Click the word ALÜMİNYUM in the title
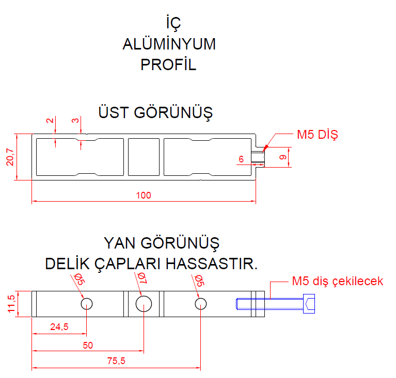(x=169, y=44)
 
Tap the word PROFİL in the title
(x=169, y=65)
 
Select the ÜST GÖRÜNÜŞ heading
(x=155, y=112)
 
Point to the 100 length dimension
(x=144, y=195)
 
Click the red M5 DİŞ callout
(x=316, y=135)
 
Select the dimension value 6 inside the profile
(x=241, y=160)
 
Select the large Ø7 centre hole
(x=144, y=304)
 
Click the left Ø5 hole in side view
(x=87, y=304)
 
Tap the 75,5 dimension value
(x=116, y=361)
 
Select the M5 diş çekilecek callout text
(x=337, y=282)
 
